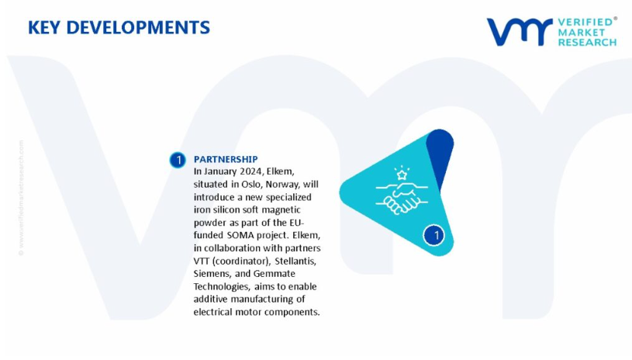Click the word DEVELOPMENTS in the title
click(x=138, y=27)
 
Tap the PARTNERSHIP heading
click(x=226, y=159)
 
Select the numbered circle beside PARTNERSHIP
click(x=178, y=160)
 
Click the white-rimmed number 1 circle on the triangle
click(x=434, y=235)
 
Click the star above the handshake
click(x=402, y=175)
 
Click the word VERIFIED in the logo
click(x=585, y=22)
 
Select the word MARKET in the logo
click(x=582, y=33)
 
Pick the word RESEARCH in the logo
click(x=587, y=43)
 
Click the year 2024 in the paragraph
click(x=251, y=171)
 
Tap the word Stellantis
click(x=295, y=261)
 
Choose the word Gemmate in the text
click(x=274, y=274)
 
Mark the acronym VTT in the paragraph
click(x=202, y=261)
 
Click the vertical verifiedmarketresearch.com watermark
click(x=21, y=198)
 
